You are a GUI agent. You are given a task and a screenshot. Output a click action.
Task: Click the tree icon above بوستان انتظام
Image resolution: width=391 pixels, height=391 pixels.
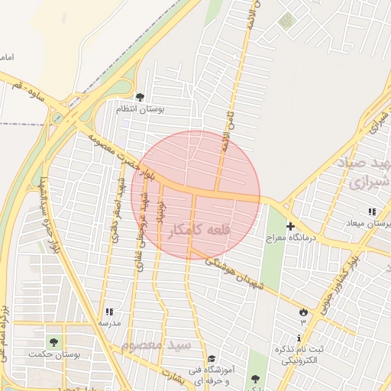(x=140, y=96)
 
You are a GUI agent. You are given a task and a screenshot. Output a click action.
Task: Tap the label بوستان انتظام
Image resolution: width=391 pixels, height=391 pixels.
(x=141, y=109)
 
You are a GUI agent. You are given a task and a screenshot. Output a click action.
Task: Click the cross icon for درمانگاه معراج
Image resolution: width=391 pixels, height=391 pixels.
(x=290, y=226)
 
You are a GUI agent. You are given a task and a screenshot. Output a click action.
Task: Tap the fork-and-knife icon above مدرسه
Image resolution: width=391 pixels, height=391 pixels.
(x=109, y=311)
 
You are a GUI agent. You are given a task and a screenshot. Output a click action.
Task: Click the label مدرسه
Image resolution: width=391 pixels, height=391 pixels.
(x=109, y=323)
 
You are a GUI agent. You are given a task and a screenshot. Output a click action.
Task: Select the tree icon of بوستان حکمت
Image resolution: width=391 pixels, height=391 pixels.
(x=53, y=341)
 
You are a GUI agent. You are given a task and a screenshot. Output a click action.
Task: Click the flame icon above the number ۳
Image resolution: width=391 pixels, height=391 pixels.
(x=303, y=312)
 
